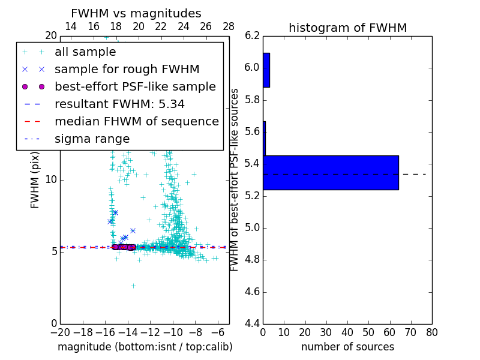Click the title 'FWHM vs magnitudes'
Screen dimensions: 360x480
coord(136,13)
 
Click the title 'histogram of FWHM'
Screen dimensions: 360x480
coord(347,28)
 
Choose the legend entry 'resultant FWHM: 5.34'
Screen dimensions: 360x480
coord(119,104)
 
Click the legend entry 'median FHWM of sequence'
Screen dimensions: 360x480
coord(136,122)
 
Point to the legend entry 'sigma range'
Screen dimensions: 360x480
coord(92,139)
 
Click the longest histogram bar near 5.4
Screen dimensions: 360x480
coord(331,173)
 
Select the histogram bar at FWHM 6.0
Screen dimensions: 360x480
coord(266,70)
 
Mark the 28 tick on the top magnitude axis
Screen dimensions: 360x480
coord(229,26)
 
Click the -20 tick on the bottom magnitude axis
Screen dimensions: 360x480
coord(60,332)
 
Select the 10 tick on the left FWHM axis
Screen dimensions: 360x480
coord(50,180)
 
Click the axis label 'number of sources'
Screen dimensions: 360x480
coord(347,347)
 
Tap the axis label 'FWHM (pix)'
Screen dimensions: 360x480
coord(35,180)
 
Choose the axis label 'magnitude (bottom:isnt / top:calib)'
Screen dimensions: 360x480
coord(145,347)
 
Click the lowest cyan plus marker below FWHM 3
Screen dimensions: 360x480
coord(133,286)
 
